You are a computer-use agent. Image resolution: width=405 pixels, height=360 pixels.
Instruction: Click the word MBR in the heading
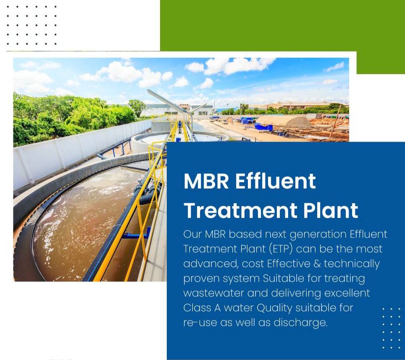click(206, 181)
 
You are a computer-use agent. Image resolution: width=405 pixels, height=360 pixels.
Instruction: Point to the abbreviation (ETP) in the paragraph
click(281, 249)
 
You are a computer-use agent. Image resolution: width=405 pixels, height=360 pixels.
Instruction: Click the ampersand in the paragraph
click(317, 264)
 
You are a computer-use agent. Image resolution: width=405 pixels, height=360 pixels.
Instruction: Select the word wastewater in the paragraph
click(213, 293)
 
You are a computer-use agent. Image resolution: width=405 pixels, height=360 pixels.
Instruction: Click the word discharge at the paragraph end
click(300, 323)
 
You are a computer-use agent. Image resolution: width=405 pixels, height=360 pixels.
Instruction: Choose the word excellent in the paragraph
click(347, 293)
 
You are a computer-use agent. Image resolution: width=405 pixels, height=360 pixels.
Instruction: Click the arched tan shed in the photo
click(284, 121)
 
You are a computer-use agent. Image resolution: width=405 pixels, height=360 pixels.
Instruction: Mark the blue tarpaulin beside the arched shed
click(264, 127)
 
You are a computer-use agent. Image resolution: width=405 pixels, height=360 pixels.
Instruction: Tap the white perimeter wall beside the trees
click(77, 150)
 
